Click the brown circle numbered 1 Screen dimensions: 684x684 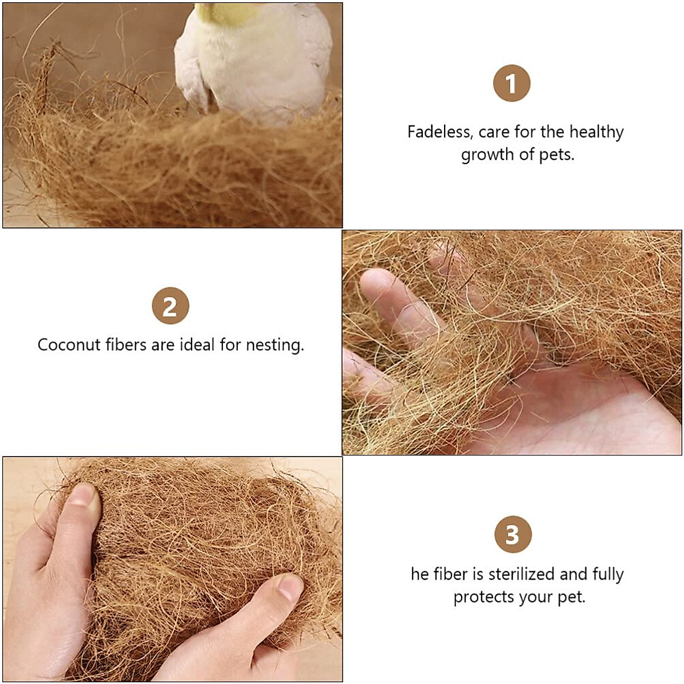click(x=511, y=83)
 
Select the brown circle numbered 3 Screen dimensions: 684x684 click(x=512, y=534)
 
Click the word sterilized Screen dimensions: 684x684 click(x=521, y=574)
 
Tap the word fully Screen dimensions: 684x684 click(x=608, y=575)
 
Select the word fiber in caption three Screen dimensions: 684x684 click(x=451, y=574)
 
